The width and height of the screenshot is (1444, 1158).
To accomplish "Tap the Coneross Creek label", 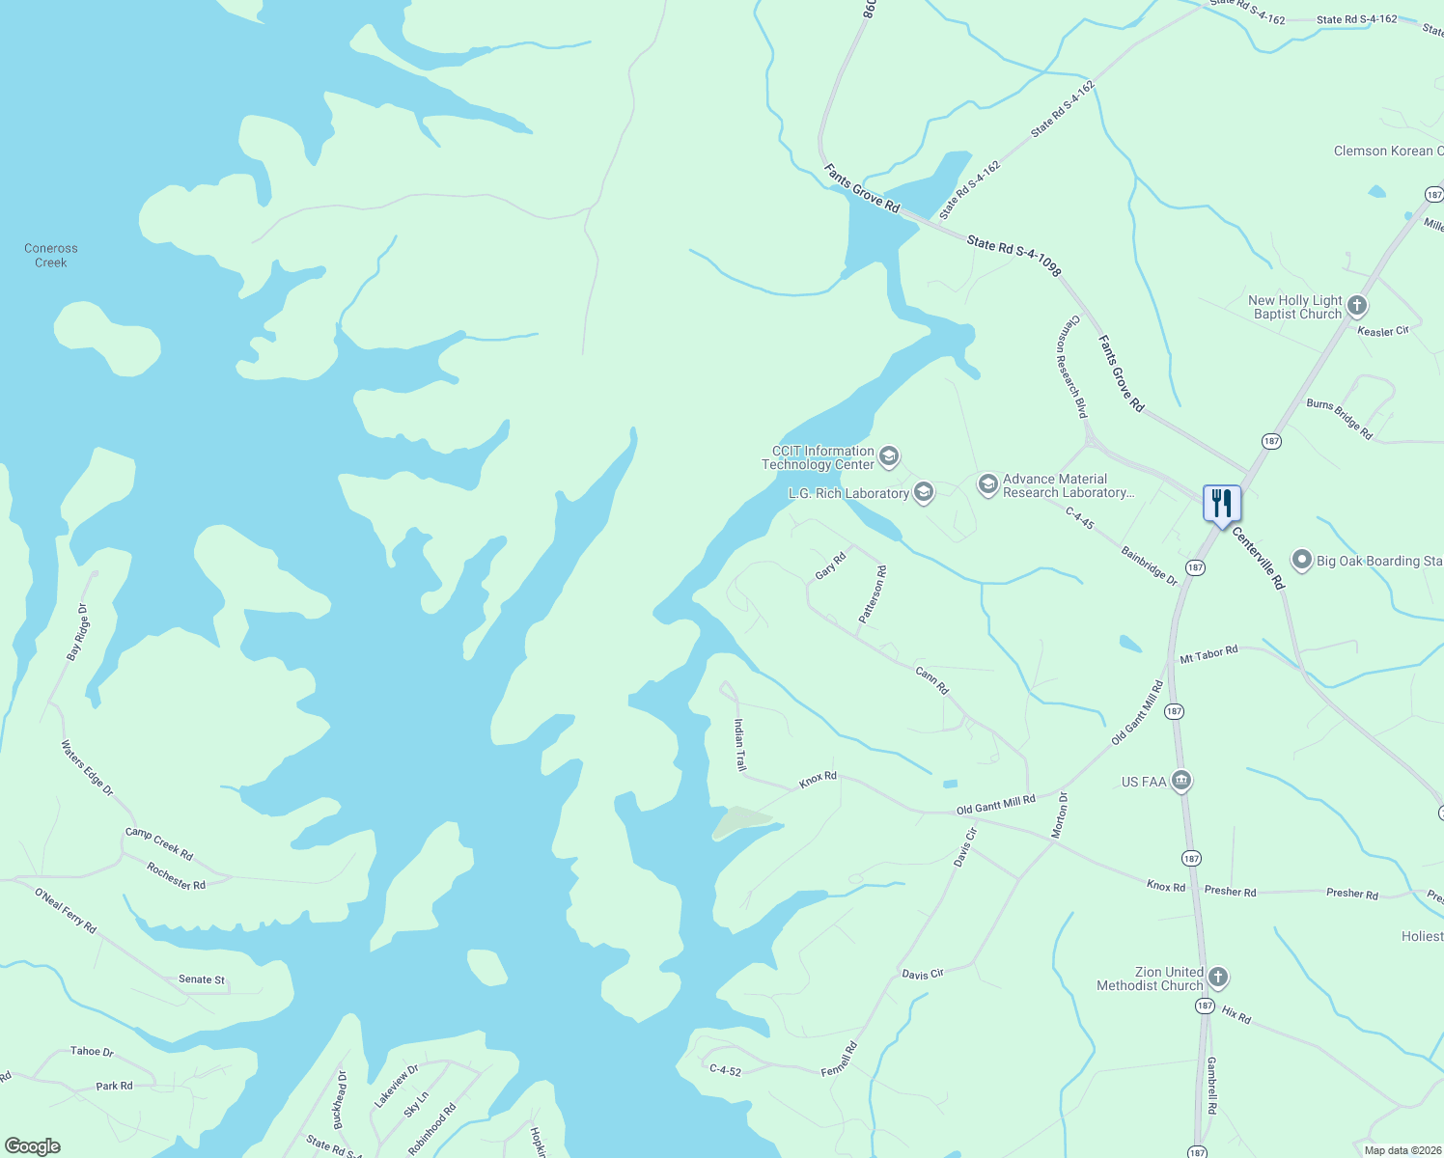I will point(51,256).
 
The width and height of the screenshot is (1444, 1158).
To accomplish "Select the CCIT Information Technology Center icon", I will point(889,455).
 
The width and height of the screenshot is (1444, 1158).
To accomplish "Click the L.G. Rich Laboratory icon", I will point(924,493).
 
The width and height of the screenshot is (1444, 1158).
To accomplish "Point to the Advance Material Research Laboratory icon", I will point(987,484).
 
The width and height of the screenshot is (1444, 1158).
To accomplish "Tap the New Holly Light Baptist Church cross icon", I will point(1357,307).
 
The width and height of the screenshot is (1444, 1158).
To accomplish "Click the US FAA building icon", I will point(1181,781).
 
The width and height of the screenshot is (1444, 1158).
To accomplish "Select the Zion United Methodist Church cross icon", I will point(1218,978).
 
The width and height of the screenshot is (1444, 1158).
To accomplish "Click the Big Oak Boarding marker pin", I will point(1302,560).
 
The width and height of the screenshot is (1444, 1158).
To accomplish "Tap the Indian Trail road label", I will point(739,745).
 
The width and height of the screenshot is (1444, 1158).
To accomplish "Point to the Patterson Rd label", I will point(873,595).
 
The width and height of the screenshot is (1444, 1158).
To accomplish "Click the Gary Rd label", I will point(830,565).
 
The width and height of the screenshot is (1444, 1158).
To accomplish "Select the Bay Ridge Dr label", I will point(78,632).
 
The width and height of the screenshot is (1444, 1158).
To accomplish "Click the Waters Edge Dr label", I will point(87,768).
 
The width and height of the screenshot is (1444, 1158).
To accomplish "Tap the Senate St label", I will point(202,979).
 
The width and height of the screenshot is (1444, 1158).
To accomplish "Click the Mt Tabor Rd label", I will point(1208,655).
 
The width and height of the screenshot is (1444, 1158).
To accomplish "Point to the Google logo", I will point(33,1145).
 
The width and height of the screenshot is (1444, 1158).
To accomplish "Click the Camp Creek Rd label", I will point(159,843).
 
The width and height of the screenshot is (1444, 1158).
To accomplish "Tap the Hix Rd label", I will point(1236,1014).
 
